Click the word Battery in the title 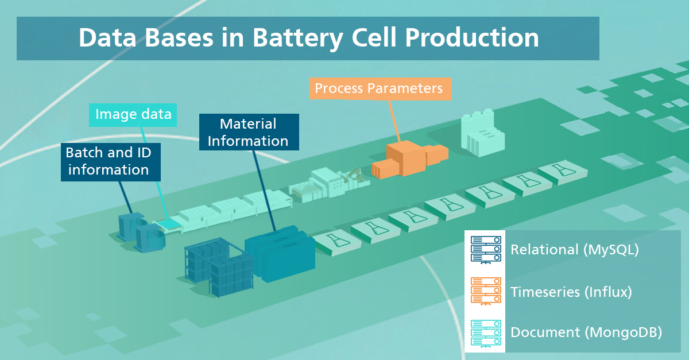[297, 38]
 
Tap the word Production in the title [471, 37]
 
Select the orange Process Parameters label [380, 89]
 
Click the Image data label [133, 115]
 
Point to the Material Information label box [249, 132]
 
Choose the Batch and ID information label [110, 162]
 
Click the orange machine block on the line [409, 159]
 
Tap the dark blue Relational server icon [486, 250]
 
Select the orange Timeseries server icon [486, 291]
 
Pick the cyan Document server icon [486, 334]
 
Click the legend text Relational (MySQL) [575, 250]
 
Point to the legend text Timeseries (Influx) [571, 292]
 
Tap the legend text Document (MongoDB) [586, 332]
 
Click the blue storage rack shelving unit [219, 266]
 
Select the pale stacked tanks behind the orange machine [482, 133]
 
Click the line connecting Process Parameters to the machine [394, 121]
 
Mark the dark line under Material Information [264, 191]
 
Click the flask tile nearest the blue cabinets [338, 242]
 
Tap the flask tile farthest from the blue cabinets [563, 172]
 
